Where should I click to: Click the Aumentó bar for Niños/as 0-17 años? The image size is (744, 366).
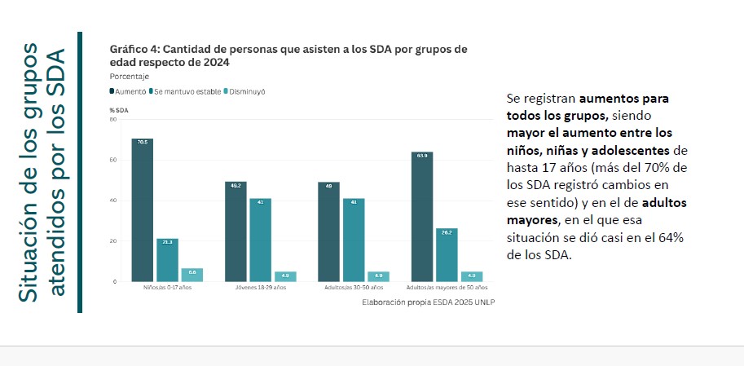tap(143, 210)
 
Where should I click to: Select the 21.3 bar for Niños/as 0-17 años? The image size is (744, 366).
tap(167, 260)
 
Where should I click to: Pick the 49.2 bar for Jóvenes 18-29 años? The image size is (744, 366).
tap(236, 232)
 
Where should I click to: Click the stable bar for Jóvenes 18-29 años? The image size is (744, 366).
tap(260, 240)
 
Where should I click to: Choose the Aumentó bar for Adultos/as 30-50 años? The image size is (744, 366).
tap(328, 232)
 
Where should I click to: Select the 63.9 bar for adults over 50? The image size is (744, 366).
tap(422, 217)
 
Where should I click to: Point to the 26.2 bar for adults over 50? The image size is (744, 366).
tap(447, 255)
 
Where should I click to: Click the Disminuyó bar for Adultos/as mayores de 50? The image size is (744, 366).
tap(471, 276)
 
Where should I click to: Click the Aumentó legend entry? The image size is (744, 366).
tap(128, 91)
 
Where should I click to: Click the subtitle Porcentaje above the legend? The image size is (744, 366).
tap(130, 76)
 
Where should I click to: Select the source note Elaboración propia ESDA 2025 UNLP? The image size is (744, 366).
tap(429, 302)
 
